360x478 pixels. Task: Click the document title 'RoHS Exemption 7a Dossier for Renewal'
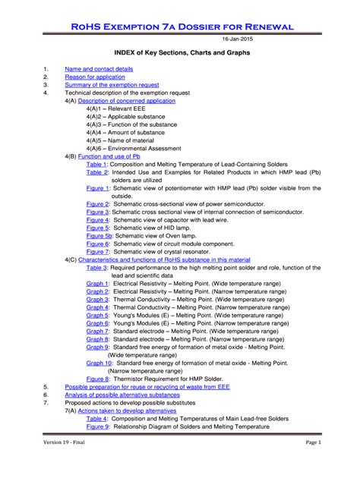pos(180,27)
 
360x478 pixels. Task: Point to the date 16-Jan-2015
pos(237,38)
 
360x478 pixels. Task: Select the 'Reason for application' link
pos(96,77)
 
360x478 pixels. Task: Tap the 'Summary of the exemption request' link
pos(112,85)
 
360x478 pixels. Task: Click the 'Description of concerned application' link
pos(126,101)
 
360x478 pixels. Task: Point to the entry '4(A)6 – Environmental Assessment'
pos(133,148)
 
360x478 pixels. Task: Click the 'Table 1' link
pos(96,164)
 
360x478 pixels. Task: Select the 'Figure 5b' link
pos(99,236)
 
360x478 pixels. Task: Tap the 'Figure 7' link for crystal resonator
pos(97,252)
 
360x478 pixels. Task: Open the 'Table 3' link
pos(96,268)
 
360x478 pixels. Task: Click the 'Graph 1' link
pos(97,283)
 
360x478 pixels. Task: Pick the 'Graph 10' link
pos(99,363)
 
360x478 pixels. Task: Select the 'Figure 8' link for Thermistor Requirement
pos(97,379)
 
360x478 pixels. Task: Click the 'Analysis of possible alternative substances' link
pos(122,395)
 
